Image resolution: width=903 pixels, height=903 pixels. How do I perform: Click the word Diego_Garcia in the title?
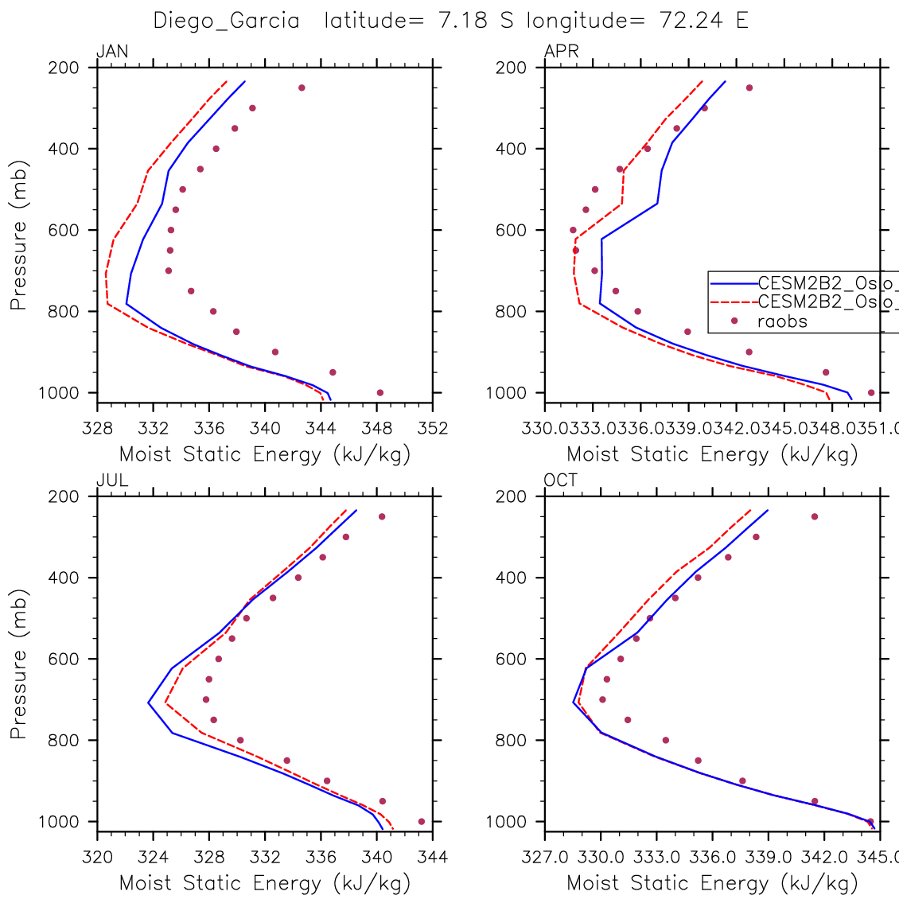(x=226, y=21)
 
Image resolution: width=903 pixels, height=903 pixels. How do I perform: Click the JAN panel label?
(x=112, y=53)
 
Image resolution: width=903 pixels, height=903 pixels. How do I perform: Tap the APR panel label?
(x=562, y=53)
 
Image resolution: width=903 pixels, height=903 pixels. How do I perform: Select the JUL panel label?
(x=111, y=481)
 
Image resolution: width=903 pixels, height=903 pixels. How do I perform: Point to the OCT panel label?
(x=561, y=481)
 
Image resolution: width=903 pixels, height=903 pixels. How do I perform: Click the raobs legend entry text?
(x=782, y=321)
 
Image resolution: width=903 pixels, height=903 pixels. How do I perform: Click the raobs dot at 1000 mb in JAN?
(x=379, y=392)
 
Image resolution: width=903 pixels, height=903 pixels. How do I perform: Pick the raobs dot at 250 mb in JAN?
(x=302, y=88)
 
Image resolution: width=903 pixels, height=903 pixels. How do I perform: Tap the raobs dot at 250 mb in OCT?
(x=814, y=516)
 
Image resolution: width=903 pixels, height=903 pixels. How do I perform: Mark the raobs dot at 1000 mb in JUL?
(x=421, y=821)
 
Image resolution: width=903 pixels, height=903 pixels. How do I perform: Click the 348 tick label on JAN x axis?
(x=377, y=429)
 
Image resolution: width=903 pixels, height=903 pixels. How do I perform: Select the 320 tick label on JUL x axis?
(x=97, y=858)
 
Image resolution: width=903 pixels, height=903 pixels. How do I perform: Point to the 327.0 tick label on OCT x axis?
(x=545, y=858)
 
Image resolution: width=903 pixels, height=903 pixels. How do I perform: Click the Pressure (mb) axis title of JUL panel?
(x=19, y=664)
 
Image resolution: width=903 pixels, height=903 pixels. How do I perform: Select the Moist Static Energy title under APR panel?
(x=712, y=455)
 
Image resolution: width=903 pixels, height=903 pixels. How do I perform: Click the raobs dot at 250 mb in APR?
(x=749, y=88)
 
